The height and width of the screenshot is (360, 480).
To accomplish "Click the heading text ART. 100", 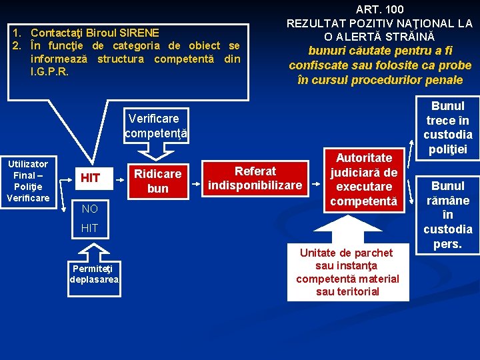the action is [379, 9].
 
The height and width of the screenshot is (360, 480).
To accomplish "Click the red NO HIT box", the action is [89, 219].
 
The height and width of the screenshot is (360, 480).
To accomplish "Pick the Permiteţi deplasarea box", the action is [94, 274].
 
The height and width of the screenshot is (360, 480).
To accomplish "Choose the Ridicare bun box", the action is [158, 181].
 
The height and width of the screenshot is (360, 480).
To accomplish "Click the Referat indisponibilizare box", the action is [255, 178].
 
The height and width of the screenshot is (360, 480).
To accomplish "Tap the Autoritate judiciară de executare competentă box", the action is [364, 179].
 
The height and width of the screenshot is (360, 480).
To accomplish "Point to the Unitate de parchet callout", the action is [347, 272].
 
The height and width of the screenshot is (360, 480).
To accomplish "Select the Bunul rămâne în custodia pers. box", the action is [448, 215].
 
